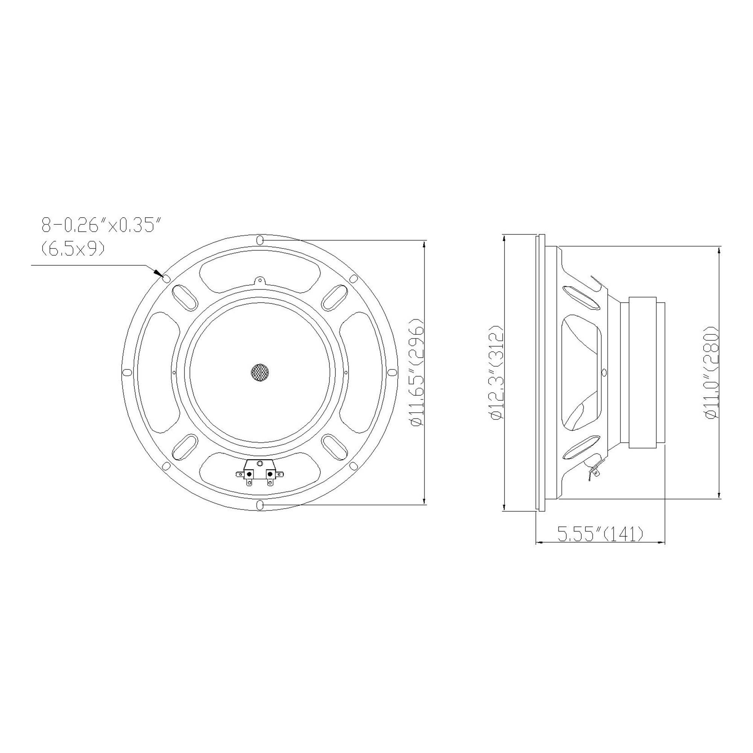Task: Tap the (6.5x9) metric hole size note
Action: tap(73, 248)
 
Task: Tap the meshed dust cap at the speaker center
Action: tap(260, 373)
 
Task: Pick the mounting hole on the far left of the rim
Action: tap(127, 373)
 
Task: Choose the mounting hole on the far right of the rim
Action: tap(393, 373)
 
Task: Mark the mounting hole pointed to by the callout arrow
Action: tap(166, 278)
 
